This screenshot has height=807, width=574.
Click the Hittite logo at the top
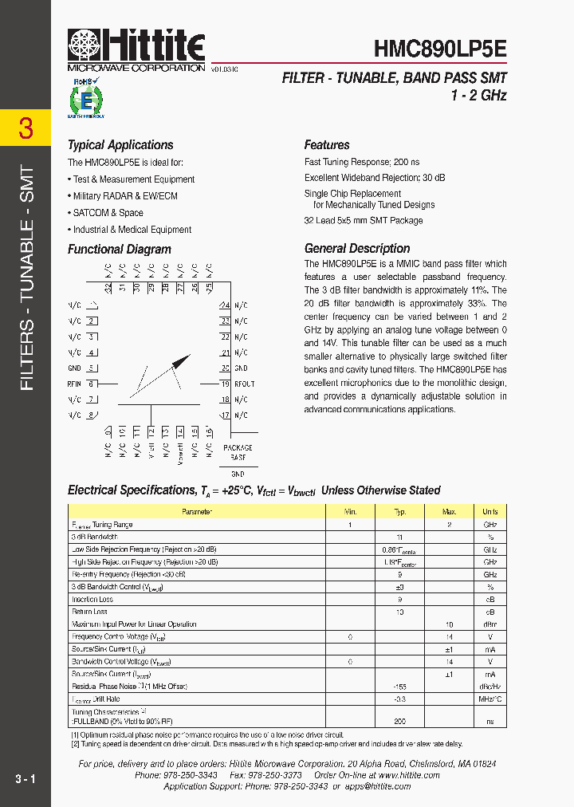pyautogui.click(x=136, y=46)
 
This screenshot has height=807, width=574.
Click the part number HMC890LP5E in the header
pyautogui.click(x=440, y=48)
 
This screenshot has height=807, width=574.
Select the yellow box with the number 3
pyautogui.click(x=26, y=128)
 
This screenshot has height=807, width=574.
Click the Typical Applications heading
pyautogui.click(x=120, y=145)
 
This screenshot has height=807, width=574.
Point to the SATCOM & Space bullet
pyautogui.click(x=108, y=213)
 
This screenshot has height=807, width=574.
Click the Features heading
pyautogui.click(x=327, y=145)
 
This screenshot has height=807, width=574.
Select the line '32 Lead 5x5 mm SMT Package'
pyautogui.click(x=364, y=221)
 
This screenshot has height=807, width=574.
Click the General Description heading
pyautogui.click(x=357, y=248)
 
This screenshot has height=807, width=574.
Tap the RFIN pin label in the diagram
pyautogui.click(x=75, y=384)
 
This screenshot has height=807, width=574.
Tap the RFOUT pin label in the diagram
pyautogui.click(x=244, y=384)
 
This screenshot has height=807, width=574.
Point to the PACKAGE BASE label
pyautogui.click(x=238, y=453)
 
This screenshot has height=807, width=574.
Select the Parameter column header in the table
pyautogui.click(x=197, y=512)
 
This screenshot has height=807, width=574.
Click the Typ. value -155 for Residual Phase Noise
pyautogui.click(x=400, y=686)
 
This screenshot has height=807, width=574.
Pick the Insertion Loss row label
pyautogui.click(x=92, y=599)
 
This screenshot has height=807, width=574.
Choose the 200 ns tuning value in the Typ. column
pyautogui.click(x=400, y=720)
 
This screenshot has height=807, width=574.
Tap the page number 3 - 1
pyautogui.click(x=25, y=778)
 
